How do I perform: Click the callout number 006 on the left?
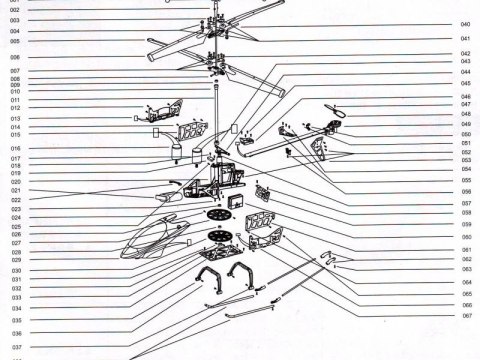tap(15, 57)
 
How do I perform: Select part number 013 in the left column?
tap(15, 118)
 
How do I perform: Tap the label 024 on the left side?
tap(15, 217)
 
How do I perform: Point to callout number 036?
tap(15, 332)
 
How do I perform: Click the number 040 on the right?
tap(466, 24)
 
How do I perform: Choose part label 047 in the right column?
tap(466, 105)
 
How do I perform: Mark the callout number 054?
tap(466, 170)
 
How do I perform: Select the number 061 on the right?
tap(466, 249)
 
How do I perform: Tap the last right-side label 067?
tap(466, 316)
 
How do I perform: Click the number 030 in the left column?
tap(15, 271)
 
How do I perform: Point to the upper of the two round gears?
tap(216, 215)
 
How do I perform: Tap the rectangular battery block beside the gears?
tap(236, 203)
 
